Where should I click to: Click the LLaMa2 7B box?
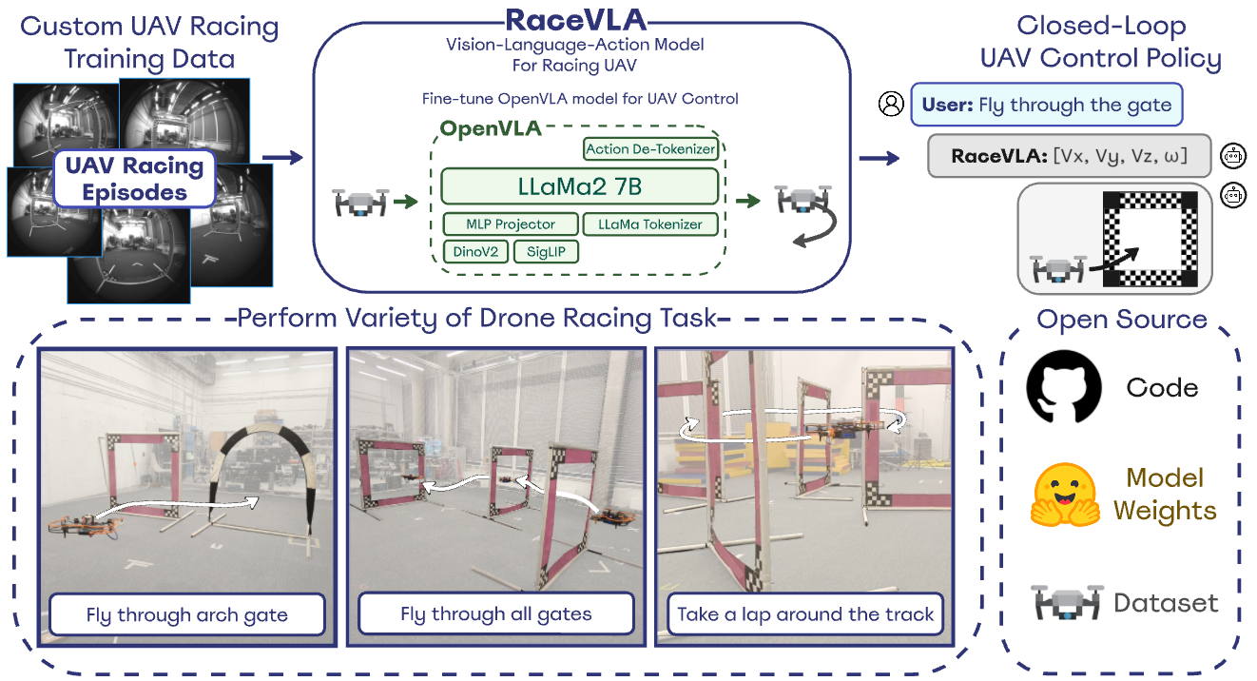tap(579, 185)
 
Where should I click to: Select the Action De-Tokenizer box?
tap(650, 148)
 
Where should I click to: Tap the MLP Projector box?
tap(511, 224)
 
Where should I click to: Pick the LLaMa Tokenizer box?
tap(650, 224)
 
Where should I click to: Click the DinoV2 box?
tap(474, 251)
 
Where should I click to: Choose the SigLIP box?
tap(546, 251)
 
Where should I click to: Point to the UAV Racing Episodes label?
tap(134, 179)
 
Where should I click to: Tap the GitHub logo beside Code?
tap(1064, 386)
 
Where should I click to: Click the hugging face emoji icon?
tap(1064, 496)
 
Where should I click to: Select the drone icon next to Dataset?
tap(1064, 602)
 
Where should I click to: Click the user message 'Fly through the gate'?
tap(1046, 106)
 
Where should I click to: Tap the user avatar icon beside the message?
tap(892, 105)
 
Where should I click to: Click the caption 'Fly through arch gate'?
tap(186, 614)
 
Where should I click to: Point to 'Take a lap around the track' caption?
tap(805, 614)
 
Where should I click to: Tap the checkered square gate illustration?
tap(1151, 238)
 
